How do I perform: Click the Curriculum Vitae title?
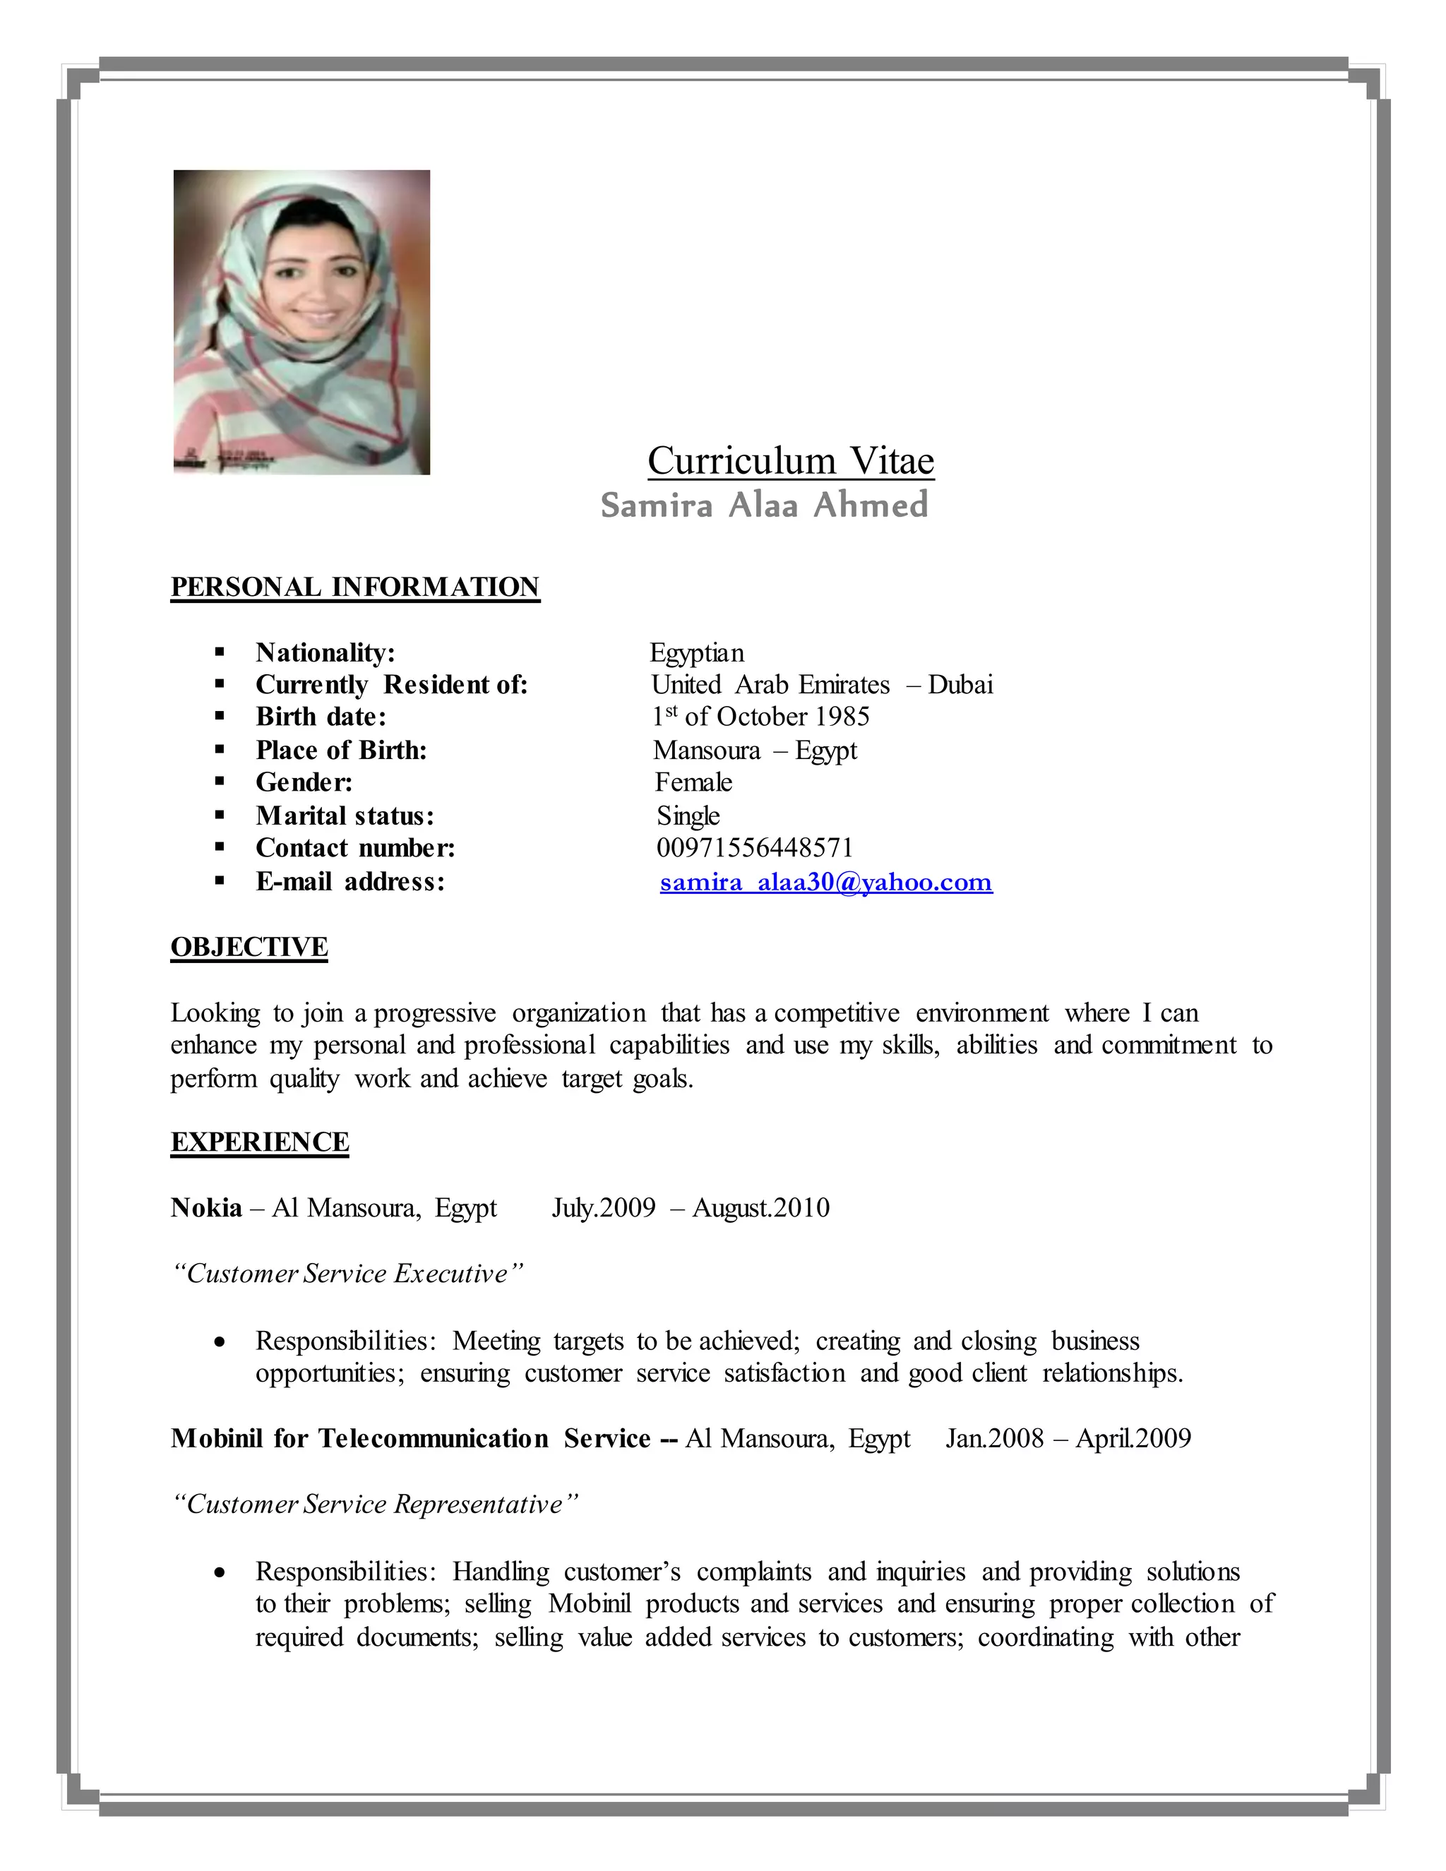click(790, 461)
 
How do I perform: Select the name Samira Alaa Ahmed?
click(764, 506)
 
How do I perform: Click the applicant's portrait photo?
click(301, 321)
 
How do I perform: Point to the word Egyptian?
click(696, 653)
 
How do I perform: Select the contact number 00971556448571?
click(755, 848)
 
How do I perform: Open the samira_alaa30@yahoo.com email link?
click(826, 882)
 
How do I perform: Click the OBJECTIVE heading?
click(249, 947)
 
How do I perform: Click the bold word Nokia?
click(206, 1208)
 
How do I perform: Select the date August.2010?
click(760, 1208)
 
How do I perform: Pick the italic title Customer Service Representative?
click(374, 1505)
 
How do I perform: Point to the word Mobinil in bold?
click(217, 1438)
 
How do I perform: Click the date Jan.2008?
click(995, 1438)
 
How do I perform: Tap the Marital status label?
click(345, 815)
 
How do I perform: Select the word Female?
click(693, 782)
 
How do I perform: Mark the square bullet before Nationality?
click(220, 653)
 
